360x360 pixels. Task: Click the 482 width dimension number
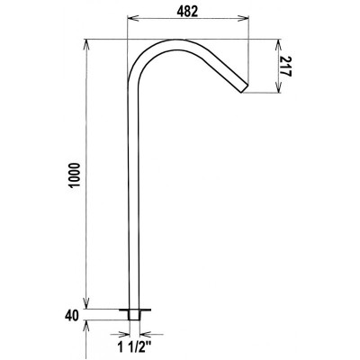(x=187, y=11)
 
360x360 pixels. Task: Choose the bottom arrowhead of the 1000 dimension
(x=86, y=305)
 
